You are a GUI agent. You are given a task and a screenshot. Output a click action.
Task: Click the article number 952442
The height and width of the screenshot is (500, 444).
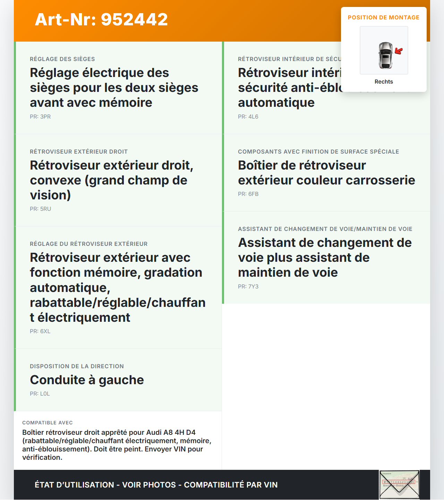coord(134,19)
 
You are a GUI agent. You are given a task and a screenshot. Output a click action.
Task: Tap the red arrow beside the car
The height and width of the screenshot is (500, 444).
coord(399,51)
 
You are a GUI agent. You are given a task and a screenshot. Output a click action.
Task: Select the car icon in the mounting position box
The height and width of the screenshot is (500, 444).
coord(385,55)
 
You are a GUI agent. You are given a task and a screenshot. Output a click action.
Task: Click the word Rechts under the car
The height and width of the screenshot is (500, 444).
coord(384,82)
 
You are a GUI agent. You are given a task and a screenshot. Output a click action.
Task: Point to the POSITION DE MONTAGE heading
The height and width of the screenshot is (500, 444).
coord(383,18)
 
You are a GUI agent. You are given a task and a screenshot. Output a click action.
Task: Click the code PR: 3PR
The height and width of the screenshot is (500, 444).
coord(40,117)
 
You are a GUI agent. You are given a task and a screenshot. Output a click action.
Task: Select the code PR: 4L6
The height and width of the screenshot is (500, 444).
coord(248,117)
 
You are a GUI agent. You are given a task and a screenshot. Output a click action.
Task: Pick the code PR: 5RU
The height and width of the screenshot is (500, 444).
coord(40,209)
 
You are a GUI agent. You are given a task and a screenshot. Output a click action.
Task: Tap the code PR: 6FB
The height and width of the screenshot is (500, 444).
coord(248,194)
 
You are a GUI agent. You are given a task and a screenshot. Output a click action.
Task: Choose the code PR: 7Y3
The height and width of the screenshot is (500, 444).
coord(248,287)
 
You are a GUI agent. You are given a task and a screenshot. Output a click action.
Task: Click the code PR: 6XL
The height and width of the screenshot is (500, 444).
coord(40,331)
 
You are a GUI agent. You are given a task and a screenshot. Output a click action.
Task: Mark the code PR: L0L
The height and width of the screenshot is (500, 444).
coord(40,394)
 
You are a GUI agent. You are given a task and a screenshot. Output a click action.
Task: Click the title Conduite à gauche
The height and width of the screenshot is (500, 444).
coord(87,380)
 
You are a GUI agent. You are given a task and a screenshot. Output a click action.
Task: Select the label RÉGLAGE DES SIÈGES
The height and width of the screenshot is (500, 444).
coord(62,59)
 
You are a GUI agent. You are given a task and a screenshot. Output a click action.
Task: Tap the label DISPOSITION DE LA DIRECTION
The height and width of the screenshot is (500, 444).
coord(77,367)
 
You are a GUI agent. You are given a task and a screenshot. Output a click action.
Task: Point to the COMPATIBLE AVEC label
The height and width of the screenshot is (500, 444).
coord(48,423)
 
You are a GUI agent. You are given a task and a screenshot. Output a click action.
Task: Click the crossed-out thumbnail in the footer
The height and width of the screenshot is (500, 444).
coord(399,484)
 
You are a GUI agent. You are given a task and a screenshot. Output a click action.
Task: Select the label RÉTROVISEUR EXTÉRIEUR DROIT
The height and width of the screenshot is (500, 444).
coord(79,152)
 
